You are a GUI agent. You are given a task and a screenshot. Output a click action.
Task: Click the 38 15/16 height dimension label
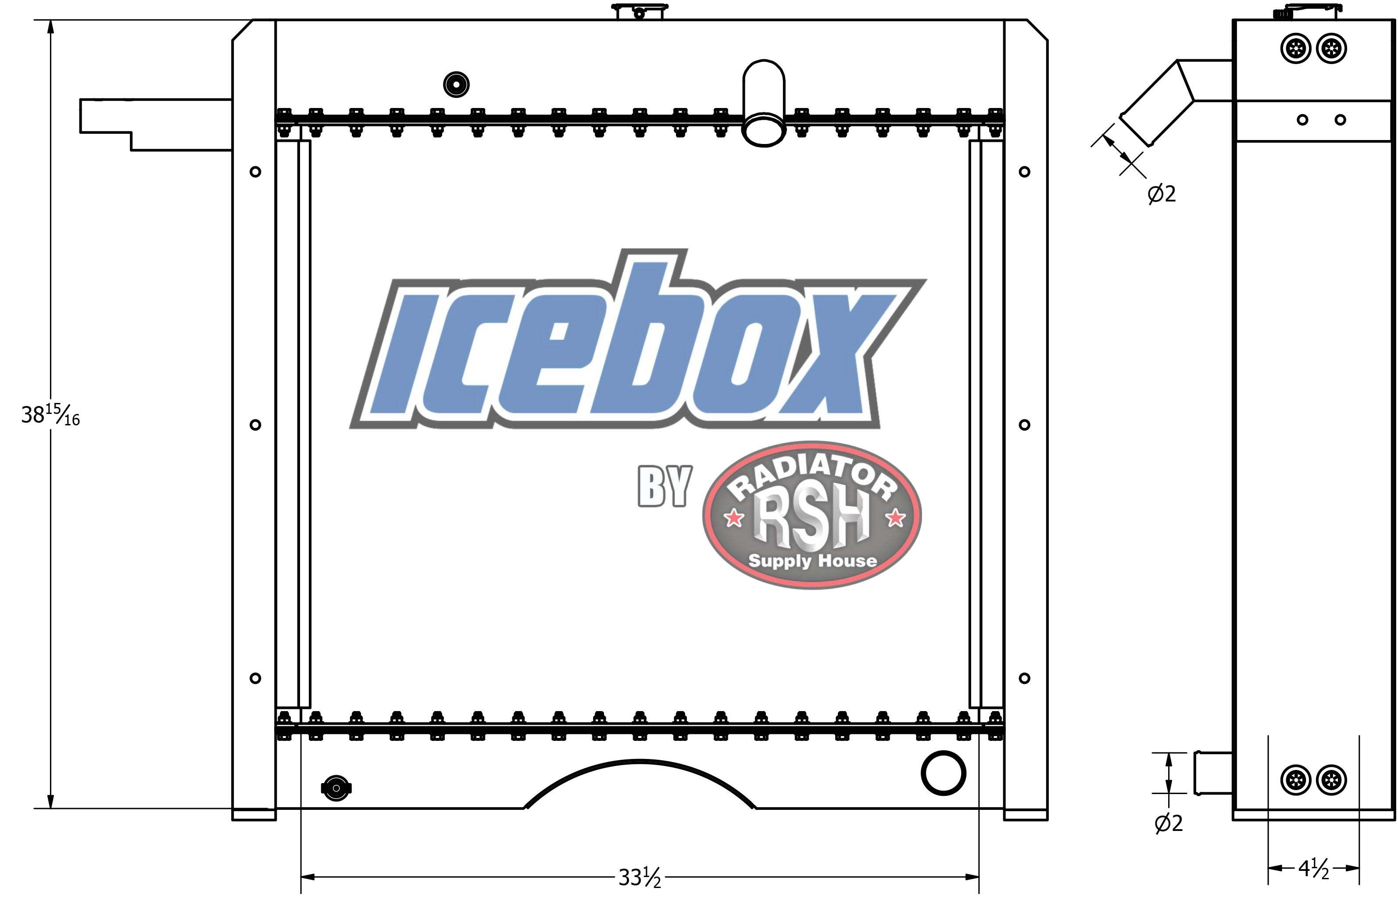50,415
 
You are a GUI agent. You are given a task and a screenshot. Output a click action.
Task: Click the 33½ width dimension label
640,878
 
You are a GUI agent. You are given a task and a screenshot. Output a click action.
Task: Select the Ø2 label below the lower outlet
1168,823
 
